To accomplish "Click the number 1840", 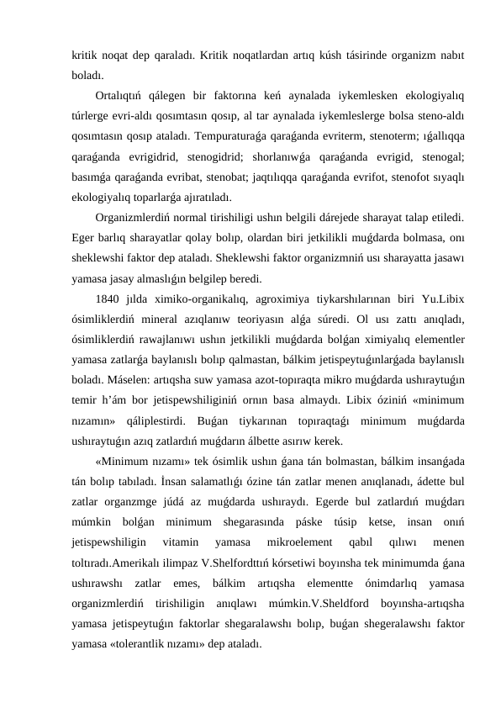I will pyautogui.click(x=109, y=300).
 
